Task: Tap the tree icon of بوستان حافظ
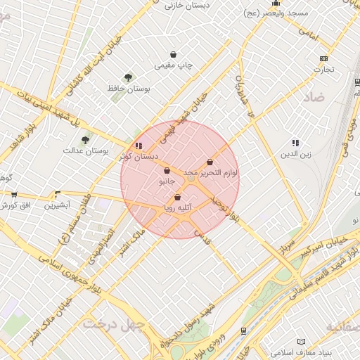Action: click(x=128, y=77)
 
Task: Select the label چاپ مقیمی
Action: click(x=174, y=65)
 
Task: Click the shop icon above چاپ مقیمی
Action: click(x=174, y=55)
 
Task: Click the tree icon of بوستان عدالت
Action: click(x=86, y=140)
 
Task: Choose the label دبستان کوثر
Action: click(x=139, y=156)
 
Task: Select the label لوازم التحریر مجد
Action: click(x=210, y=172)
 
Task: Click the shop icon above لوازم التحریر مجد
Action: click(x=210, y=162)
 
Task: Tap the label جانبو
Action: click(x=166, y=181)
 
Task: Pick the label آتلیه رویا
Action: click(x=177, y=207)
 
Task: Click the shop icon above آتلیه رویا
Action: click(x=177, y=198)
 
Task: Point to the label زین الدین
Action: click(x=295, y=153)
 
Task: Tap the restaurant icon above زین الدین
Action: click(x=295, y=143)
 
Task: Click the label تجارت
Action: click(x=323, y=69)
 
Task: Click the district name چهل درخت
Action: click(x=113, y=323)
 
